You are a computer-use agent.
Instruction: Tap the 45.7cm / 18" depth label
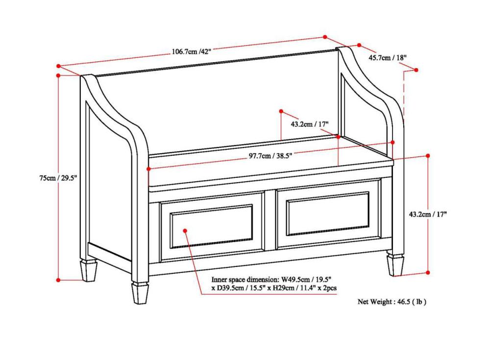pos(387,58)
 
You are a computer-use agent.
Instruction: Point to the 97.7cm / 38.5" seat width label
pos(270,156)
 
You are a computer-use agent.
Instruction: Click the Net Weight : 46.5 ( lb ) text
pos(392,302)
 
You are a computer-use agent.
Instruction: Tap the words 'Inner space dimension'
pos(239,279)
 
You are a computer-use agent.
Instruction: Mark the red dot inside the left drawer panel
pos(186,230)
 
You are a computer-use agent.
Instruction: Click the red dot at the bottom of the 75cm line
pos(58,280)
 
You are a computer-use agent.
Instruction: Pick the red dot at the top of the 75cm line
pos(58,75)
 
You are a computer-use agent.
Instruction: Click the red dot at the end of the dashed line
pos(417,70)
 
